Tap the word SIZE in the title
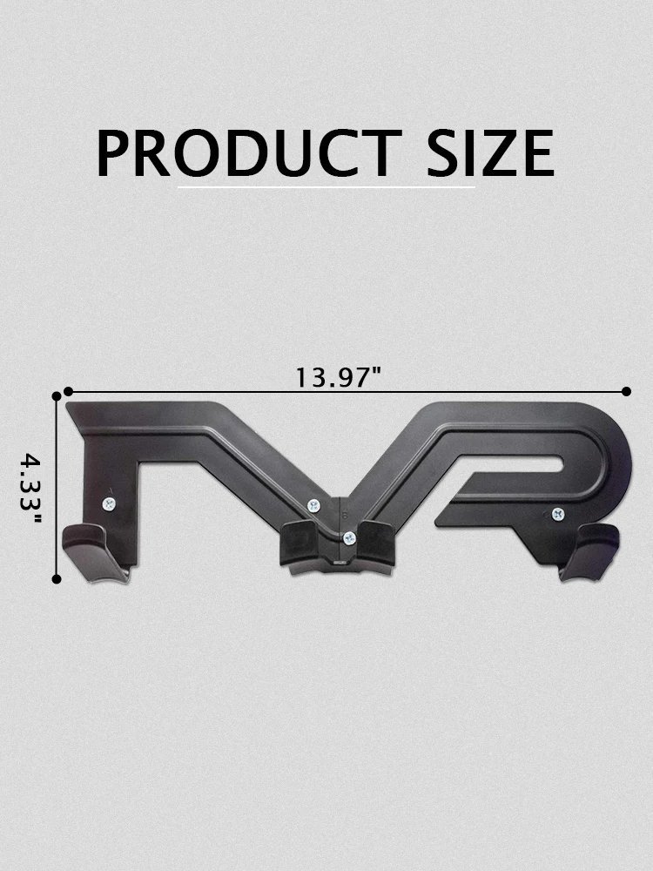click(490, 153)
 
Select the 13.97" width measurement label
click(339, 377)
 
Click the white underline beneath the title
click(326, 186)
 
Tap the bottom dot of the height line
click(57, 577)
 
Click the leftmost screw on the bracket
click(108, 503)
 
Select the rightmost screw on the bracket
click(557, 513)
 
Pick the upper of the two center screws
click(313, 503)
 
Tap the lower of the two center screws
click(348, 537)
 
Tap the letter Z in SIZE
click(496, 153)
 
